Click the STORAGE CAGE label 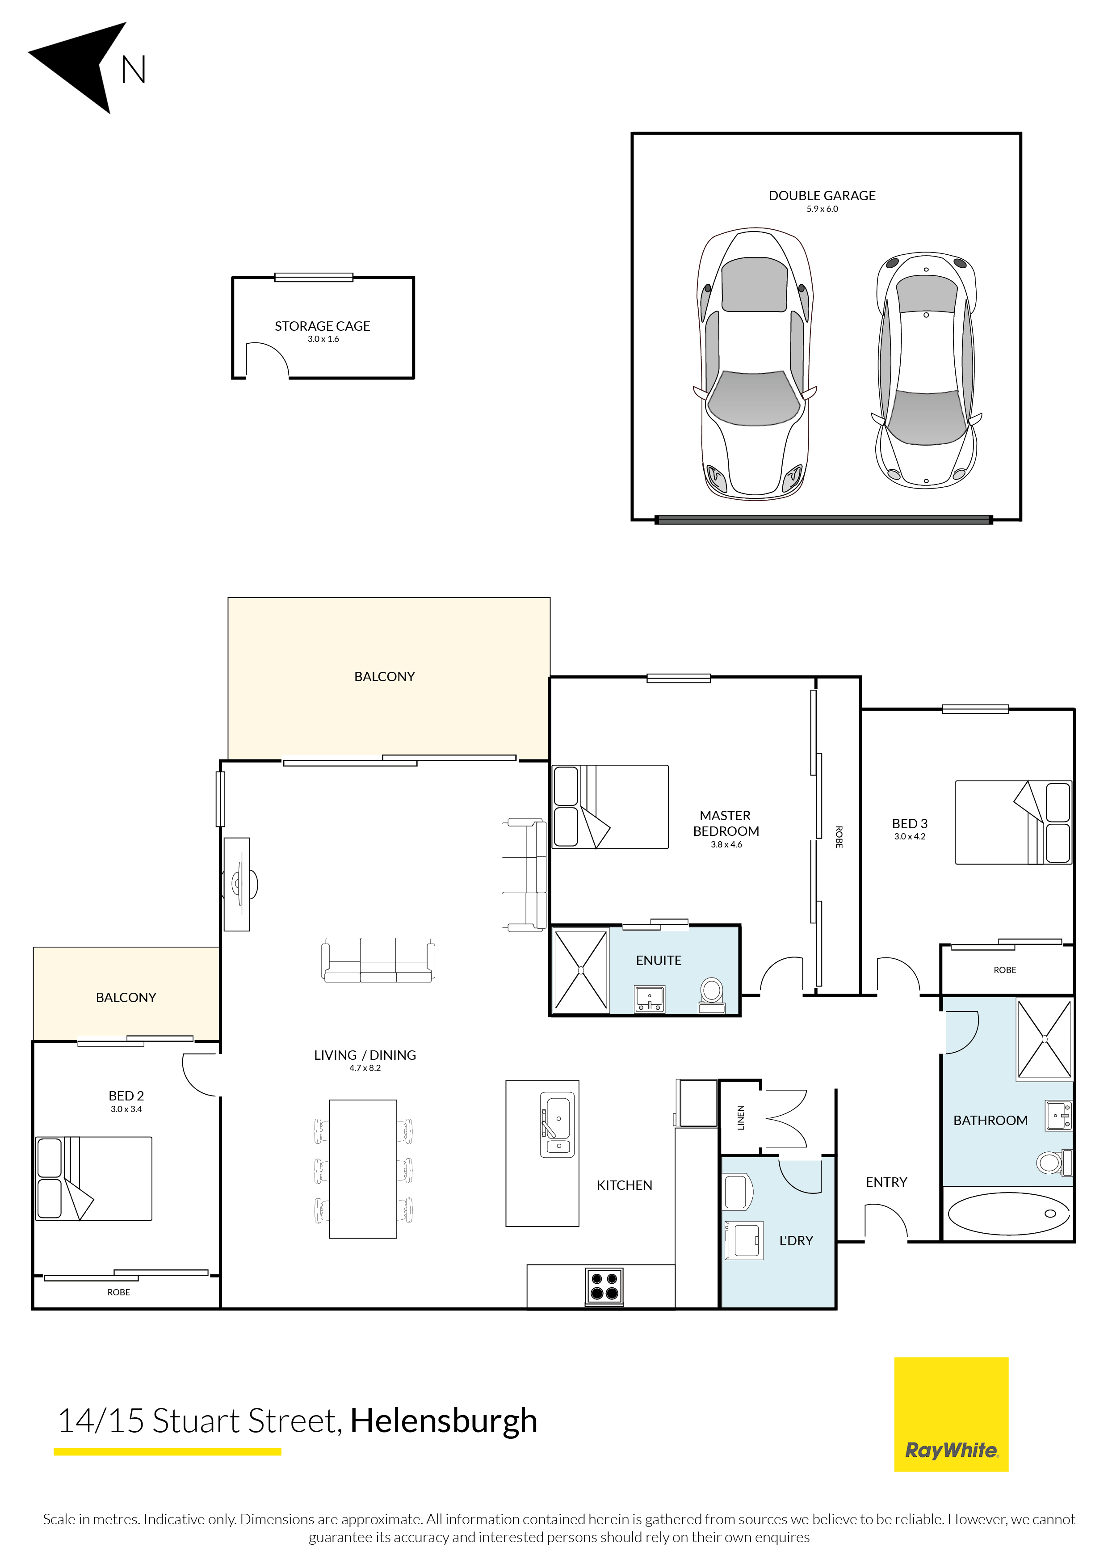pos(322,326)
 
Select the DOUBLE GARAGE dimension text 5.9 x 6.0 pos(822,209)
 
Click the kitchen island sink pos(558,1124)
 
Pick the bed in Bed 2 pos(93,1179)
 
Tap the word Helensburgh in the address pos(444,1420)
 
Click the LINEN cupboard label pos(741,1117)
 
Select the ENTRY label pos(886,1182)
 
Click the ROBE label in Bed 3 pos(1004,970)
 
